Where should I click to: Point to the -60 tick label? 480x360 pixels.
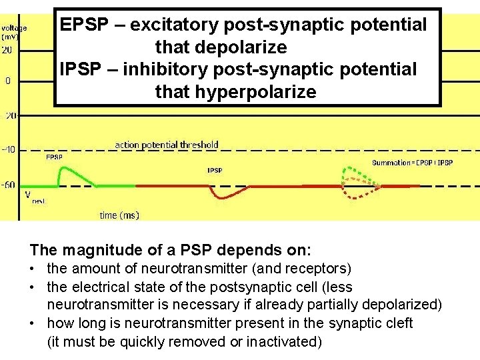(x=9, y=184)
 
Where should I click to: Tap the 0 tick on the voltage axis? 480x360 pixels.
(x=8, y=81)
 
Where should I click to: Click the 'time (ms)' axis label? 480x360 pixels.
(x=119, y=215)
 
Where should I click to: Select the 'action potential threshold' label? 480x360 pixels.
(x=167, y=145)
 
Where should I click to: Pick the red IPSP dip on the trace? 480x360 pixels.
(x=220, y=194)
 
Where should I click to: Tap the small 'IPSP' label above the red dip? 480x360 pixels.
(x=215, y=171)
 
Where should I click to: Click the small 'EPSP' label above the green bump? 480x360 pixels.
(x=54, y=158)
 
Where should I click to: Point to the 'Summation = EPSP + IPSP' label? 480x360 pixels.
(x=412, y=163)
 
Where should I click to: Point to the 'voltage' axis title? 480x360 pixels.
(x=15, y=28)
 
